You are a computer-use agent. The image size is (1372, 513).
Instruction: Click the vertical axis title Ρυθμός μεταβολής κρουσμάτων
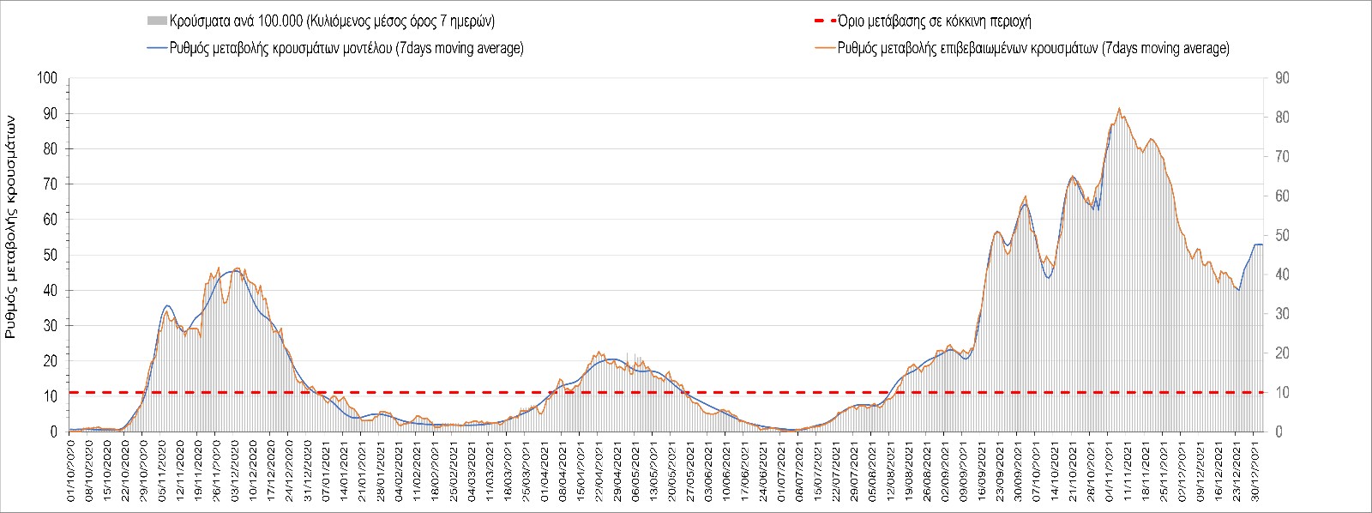point(12,227)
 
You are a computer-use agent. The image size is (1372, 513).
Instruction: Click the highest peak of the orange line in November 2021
point(1119,109)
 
